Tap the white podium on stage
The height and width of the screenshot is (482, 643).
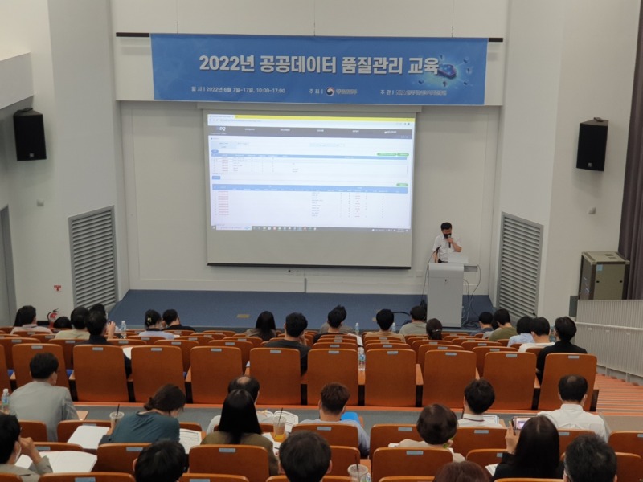[445, 293]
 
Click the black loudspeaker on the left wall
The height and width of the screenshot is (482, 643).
[30, 135]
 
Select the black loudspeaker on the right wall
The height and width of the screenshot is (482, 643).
[592, 145]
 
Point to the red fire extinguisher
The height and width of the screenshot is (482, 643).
[53, 316]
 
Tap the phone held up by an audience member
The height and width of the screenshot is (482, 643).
[520, 423]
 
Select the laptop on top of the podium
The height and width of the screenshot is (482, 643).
[457, 259]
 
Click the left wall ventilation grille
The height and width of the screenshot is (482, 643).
[92, 257]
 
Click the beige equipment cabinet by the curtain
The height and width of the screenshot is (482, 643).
[602, 276]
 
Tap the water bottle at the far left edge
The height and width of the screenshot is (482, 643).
[5, 399]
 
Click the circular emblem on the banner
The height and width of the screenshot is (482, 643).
[330, 92]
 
